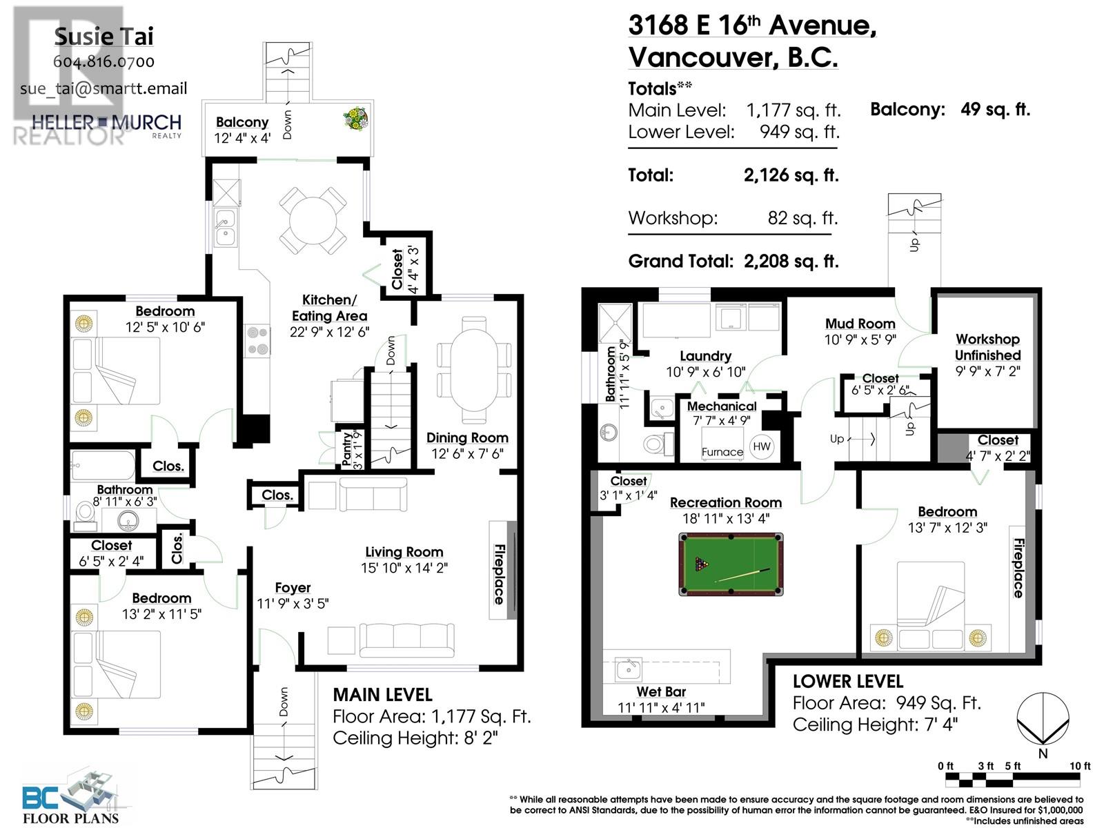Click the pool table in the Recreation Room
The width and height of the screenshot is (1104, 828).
(x=731, y=564)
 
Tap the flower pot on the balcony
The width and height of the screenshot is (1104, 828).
(x=356, y=119)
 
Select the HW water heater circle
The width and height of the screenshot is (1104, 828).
(x=762, y=446)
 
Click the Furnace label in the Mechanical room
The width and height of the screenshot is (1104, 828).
(x=722, y=452)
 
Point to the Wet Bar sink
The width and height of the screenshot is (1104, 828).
(x=629, y=669)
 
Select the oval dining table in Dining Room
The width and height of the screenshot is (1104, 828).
(x=474, y=370)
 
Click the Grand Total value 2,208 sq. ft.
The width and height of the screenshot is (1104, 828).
(x=791, y=262)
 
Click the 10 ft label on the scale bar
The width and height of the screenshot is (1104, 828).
(x=1079, y=766)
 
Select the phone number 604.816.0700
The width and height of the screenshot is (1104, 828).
(x=104, y=61)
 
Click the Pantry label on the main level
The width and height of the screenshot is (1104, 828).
(x=346, y=448)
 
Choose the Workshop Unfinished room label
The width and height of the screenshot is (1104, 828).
(x=987, y=347)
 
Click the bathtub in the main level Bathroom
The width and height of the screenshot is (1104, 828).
(x=103, y=466)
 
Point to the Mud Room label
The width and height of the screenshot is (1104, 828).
(x=860, y=324)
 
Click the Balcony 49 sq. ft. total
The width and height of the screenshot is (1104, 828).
(x=949, y=109)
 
